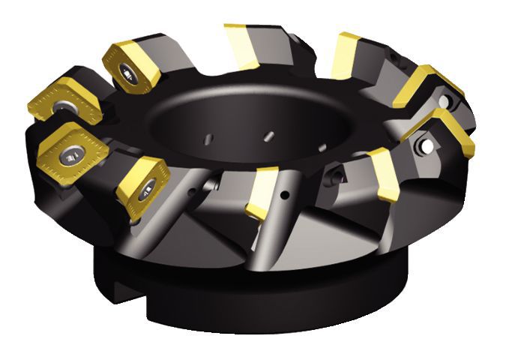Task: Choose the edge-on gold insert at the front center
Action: click(262, 192)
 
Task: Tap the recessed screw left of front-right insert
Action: click(337, 177)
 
